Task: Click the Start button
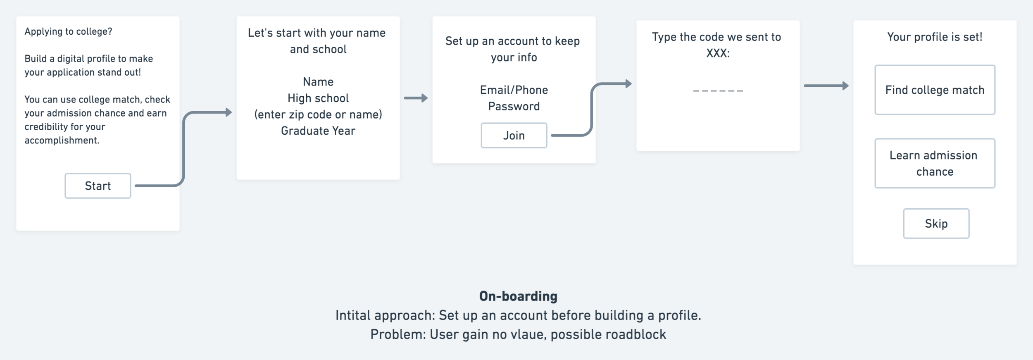[98, 186]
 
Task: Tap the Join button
[514, 136]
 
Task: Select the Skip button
[936, 224]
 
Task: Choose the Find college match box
[935, 90]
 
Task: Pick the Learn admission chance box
[935, 163]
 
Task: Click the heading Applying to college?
[68, 31]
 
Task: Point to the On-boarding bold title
[518, 296]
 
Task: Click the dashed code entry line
[718, 91]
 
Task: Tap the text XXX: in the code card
[718, 53]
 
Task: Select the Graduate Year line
[318, 131]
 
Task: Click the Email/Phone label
[514, 90]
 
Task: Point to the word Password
[514, 107]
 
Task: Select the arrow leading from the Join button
[592, 110]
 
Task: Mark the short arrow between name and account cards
[416, 98]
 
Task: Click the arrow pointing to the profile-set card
[826, 86]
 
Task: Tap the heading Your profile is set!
[935, 37]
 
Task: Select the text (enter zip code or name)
[318, 114]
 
